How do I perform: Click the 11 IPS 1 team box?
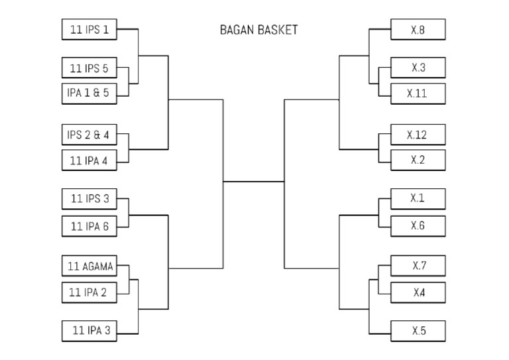point(89,29)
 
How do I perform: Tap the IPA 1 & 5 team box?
point(89,93)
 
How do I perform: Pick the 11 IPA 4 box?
point(89,160)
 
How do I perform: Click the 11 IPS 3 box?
point(89,198)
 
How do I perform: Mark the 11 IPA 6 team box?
point(89,225)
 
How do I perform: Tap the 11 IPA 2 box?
point(89,292)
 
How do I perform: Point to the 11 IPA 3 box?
point(89,330)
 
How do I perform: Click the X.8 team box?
point(418,29)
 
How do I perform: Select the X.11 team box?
point(418,93)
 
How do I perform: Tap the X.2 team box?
point(418,160)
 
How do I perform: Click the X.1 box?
point(418,198)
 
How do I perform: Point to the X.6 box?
point(418,225)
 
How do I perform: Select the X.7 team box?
point(418,266)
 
